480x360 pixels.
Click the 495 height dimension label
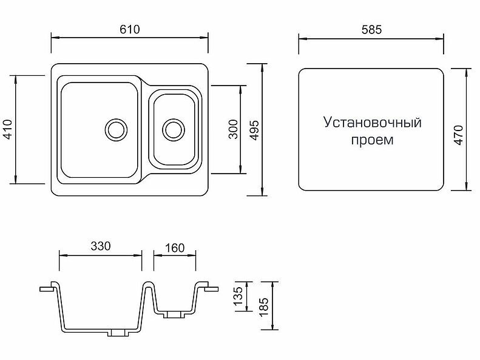(x=254, y=130)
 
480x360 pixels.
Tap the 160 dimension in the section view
(x=174, y=248)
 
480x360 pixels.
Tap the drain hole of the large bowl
(x=115, y=129)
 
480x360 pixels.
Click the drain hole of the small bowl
(x=174, y=129)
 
